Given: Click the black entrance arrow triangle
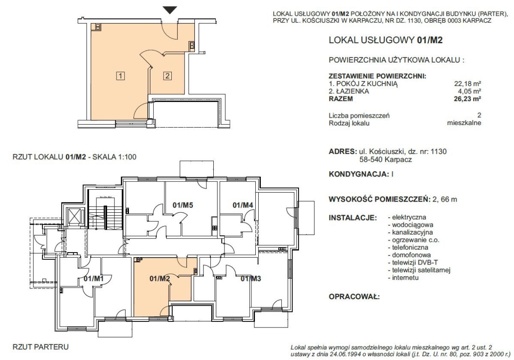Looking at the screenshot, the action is click(170, 10).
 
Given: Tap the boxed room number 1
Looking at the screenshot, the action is click(120, 76).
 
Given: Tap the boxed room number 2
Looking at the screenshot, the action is click(167, 76).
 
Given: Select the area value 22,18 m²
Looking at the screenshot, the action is click(467, 83).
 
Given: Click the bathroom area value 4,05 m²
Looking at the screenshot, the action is click(469, 91).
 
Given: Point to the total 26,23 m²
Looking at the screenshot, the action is click(467, 99).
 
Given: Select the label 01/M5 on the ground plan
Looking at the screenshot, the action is click(182, 205).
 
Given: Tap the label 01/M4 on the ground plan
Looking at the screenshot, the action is click(243, 205).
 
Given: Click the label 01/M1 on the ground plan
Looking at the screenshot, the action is click(94, 279).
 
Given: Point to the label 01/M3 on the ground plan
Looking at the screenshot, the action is click(251, 279).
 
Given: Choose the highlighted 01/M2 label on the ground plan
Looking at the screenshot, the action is click(160, 279).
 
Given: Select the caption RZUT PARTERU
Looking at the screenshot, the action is click(41, 347).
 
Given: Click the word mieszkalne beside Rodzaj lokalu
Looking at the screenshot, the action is click(464, 123).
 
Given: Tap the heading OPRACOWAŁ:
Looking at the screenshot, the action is click(354, 297).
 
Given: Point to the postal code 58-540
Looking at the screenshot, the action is click(371, 160).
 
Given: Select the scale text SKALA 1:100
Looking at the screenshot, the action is click(114, 157).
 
